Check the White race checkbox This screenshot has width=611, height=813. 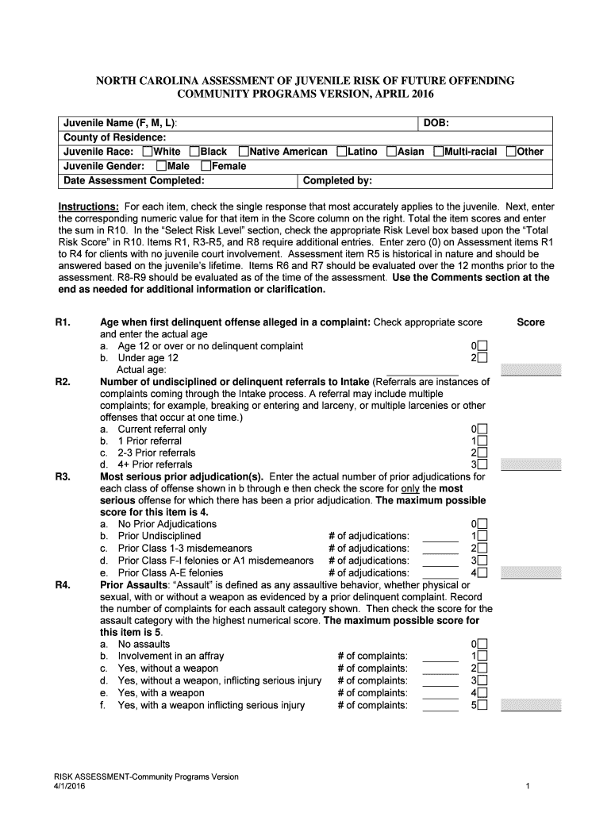[x=148, y=152]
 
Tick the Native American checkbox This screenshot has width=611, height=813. [x=244, y=152]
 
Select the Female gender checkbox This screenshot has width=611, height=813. [x=206, y=166]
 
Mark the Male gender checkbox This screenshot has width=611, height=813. [x=162, y=166]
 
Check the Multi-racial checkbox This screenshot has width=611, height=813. [x=439, y=152]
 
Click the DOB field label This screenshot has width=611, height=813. [x=436, y=123]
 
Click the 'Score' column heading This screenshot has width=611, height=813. [x=531, y=322]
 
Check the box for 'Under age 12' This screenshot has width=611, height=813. [x=482, y=358]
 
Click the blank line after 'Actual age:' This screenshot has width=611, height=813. [x=422, y=370]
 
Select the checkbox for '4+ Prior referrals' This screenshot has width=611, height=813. [x=482, y=464]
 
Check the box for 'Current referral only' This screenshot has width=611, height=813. [x=482, y=429]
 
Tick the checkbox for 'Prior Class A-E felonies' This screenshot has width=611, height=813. [x=482, y=572]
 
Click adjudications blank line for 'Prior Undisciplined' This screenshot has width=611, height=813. [x=440, y=537]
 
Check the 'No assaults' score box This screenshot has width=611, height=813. [x=482, y=644]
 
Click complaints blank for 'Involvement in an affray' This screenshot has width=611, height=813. [x=440, y=657]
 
